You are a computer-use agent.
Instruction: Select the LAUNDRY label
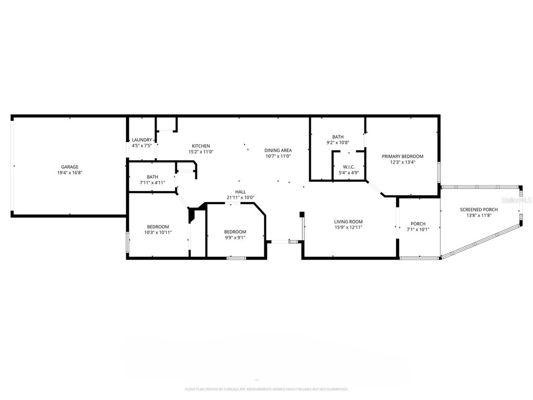[x=142, y=140]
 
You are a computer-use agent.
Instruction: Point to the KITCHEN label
[x=201, y=146]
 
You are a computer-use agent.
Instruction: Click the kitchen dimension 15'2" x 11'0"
[x=201, y=152]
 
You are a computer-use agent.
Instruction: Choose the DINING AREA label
[x=277, y=150]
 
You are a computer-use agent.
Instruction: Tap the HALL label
[x=240, y=192]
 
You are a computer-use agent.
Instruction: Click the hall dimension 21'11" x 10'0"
[x=240, y=197]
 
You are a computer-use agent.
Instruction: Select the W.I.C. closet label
[x=349, y=167]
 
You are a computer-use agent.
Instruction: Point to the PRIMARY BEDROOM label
[x=402, y=156]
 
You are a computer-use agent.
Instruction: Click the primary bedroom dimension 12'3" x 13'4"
[x=402, y=162]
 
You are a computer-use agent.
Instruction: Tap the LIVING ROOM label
[x=348, y=221]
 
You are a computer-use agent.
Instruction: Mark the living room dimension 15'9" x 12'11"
[x=348, y=227]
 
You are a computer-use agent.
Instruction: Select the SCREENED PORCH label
[x=479, y=209]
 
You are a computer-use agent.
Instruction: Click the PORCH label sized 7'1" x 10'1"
[x=418, y=223]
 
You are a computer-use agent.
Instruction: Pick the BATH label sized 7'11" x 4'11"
[x=153, y=177]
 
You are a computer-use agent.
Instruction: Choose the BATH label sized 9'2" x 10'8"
[x=338, y=137]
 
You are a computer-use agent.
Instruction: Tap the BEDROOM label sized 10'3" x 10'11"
[x=158, y=227]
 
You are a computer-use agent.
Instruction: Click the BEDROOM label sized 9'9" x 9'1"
[x=235, y=232]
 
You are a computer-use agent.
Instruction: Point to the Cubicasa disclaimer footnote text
[x=266, y=389]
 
